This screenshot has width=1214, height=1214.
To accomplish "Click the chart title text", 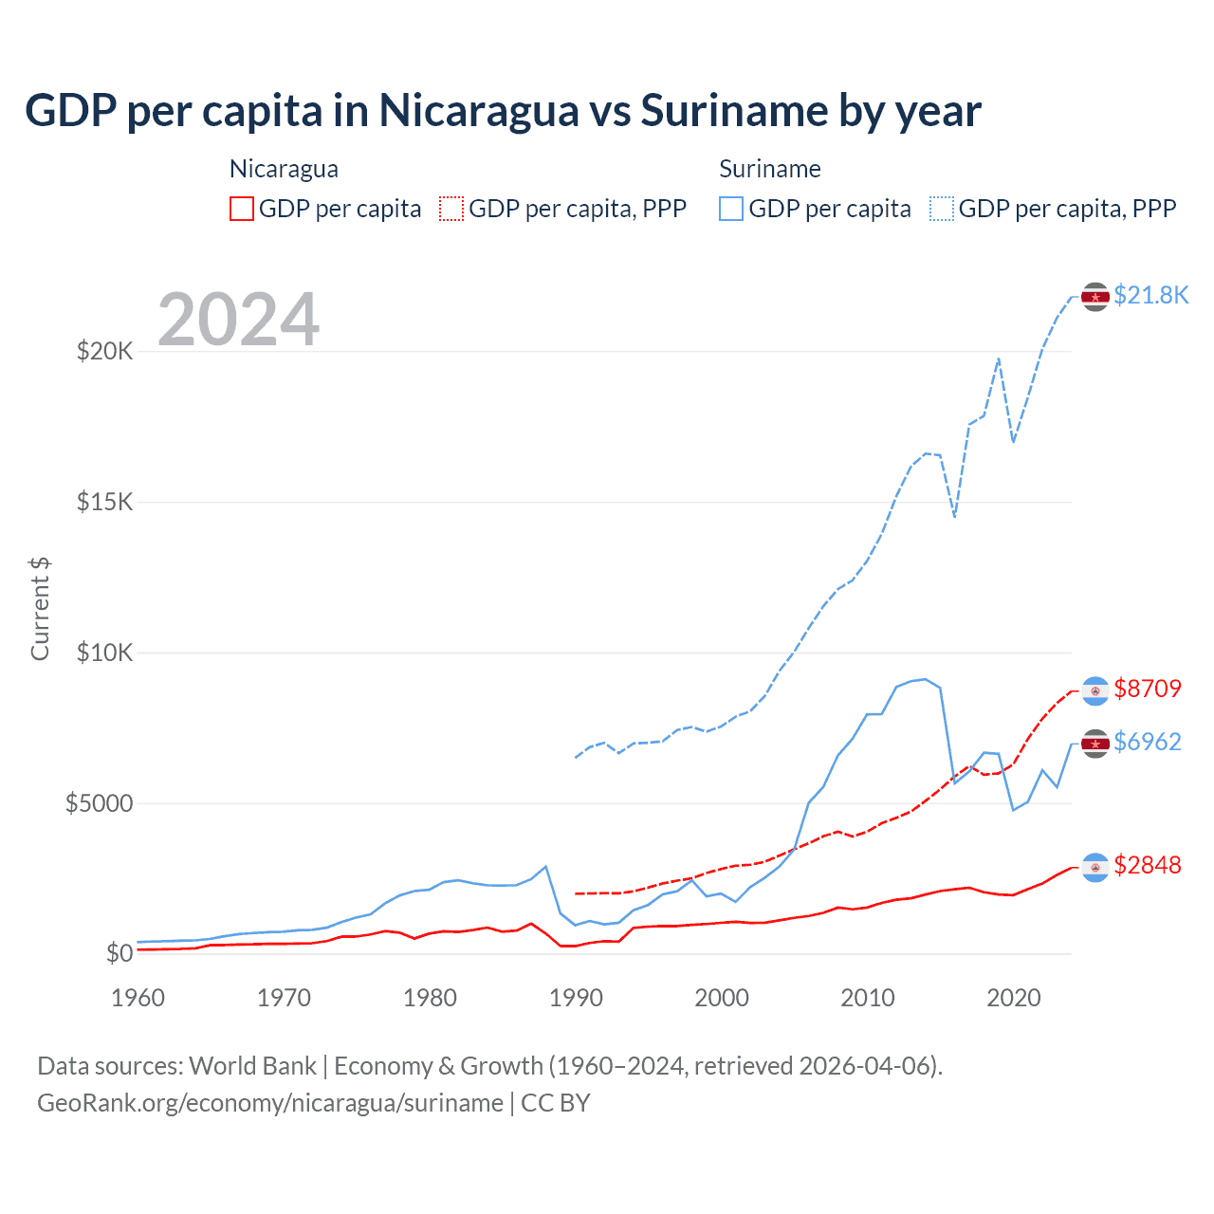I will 503,111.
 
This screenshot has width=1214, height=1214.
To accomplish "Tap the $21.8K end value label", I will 1150,296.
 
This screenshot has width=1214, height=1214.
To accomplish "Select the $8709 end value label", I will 1148,689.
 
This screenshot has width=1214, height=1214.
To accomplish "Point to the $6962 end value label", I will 1148,742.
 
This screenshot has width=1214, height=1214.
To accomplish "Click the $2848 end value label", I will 1148,865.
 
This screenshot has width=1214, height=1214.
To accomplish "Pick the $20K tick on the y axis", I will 104,352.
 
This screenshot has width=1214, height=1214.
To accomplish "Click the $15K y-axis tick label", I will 104,502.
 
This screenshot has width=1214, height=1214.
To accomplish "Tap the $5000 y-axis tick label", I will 99,803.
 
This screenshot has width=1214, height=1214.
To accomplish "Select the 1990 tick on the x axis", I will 576,998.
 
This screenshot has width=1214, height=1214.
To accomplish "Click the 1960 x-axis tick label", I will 138,998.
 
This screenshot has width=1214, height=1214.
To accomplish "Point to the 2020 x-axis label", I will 1013,998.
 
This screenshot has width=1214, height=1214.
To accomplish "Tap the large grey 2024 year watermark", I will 238,320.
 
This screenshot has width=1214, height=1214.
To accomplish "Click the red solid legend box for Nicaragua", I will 242,209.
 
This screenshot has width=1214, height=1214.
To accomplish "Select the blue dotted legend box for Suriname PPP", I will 942,209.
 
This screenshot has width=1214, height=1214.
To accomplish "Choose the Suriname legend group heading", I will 769,169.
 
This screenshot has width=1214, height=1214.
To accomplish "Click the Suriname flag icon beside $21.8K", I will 1095,297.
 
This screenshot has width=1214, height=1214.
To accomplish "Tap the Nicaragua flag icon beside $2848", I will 1095,867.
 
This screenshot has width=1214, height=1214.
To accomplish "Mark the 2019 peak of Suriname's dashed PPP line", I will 999,359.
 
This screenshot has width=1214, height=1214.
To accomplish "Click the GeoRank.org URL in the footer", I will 270,1103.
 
